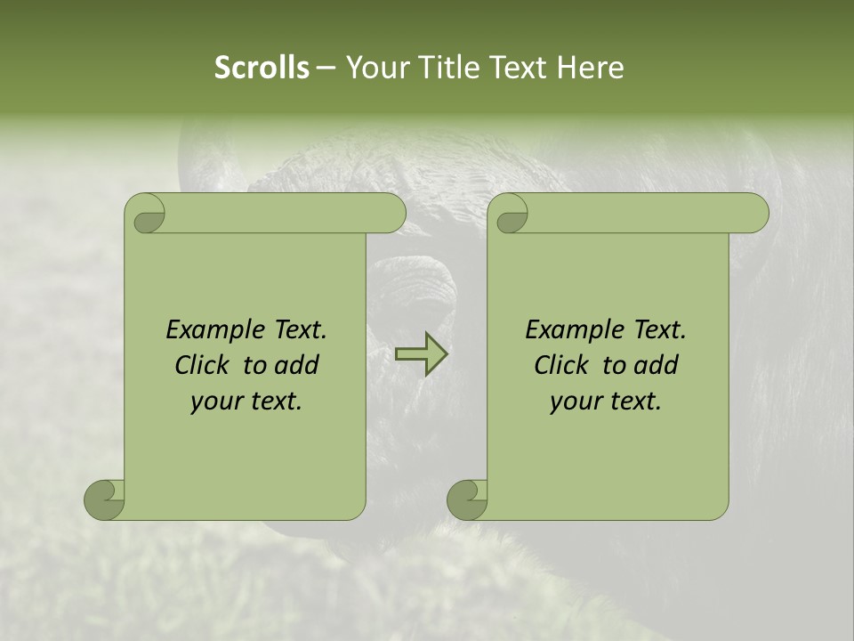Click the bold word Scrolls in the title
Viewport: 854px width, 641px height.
[x=262, y=68]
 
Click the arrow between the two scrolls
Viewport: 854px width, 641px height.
[x=421, y=354]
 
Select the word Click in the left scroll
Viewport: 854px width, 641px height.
[x=202, y=365]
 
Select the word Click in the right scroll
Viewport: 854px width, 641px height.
[x=561, y=365]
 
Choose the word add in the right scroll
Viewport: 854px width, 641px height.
[x=657, y=365]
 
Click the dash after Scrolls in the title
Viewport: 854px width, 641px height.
[x=326, y=69]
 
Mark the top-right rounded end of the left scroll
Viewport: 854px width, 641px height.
[x=391, y=214]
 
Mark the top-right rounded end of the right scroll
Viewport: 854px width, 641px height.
[x=754, y=214]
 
